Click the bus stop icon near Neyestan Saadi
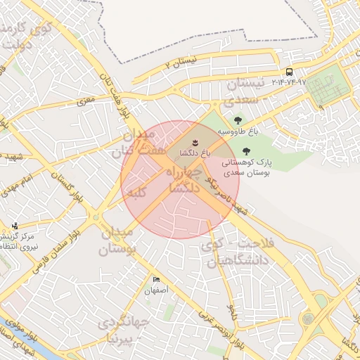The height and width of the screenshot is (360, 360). point(289,72)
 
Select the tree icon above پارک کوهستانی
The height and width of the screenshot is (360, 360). point(245,150)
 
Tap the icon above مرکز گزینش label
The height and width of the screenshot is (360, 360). point(15,226)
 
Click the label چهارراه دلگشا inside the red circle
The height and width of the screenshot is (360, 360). point(184,180)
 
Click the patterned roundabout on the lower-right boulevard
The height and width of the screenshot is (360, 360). point(307,319)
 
